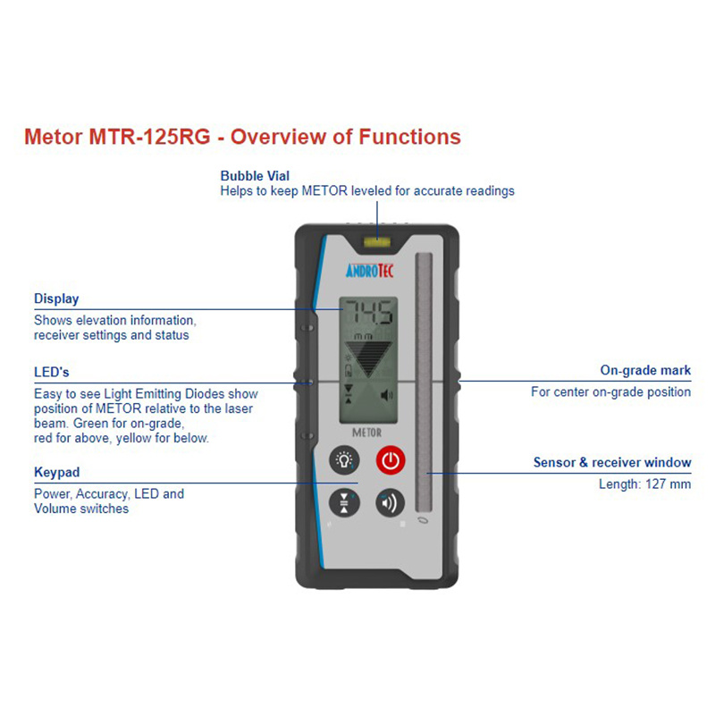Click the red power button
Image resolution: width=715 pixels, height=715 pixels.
point(390,460)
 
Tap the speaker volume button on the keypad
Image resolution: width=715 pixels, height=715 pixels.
point(390,502)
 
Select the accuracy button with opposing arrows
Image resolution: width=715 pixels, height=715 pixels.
point(344,501)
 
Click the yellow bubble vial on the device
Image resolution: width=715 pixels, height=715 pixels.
point(376,240)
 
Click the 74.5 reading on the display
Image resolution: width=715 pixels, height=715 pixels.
point(367,315)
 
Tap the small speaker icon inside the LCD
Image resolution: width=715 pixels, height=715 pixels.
point(386,395)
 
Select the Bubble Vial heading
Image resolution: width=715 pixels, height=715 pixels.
point(255,176)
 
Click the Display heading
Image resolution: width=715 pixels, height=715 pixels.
point(56,299)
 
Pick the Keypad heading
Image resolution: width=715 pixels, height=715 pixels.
point(57,472)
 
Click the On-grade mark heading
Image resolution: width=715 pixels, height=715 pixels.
point(644,370)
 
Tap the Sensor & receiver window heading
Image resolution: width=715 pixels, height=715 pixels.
point(612,462)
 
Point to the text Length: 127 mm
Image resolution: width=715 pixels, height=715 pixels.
point(644,484)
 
